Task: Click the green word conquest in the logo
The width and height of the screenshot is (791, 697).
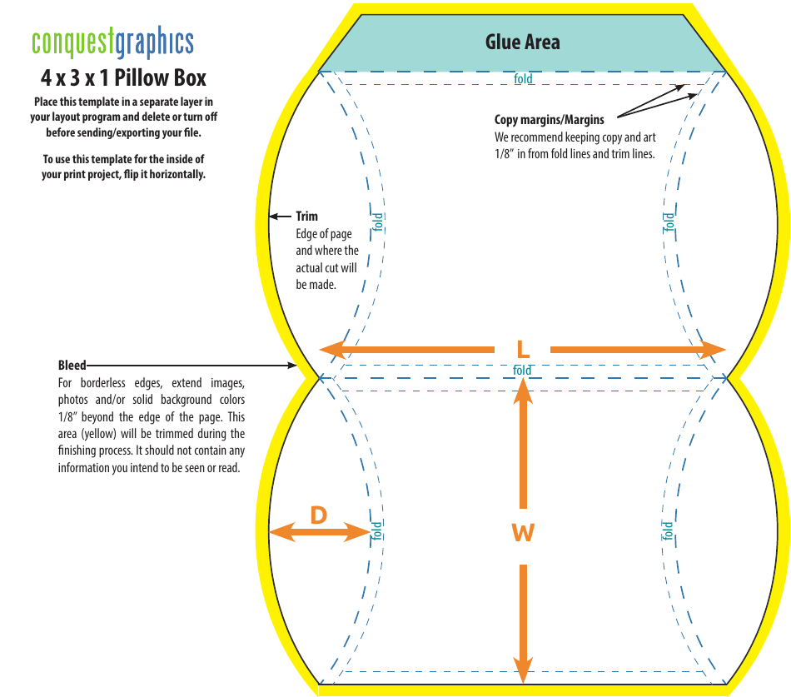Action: (72, 42)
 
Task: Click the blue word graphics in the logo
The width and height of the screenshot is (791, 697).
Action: (154, 42)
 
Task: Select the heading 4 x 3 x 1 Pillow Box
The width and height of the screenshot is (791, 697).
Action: (124, 78)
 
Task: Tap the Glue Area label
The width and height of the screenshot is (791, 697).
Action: (523, 42)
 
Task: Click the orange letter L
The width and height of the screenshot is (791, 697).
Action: (523, 349)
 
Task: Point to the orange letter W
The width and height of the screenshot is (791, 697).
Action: (523, 533)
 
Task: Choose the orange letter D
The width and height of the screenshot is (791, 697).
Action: (319, 515)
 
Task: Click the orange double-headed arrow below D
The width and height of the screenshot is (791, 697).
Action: (320, 532)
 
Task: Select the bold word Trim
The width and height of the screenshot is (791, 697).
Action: (306, 217)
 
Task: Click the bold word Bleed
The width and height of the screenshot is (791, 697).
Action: (72, 365)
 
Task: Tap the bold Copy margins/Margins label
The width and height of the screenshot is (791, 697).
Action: (550, 120)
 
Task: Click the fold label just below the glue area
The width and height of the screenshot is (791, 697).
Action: (523, 79)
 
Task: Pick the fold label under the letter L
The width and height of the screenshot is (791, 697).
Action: (522, 371)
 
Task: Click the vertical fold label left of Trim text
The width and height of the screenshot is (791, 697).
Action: (377, 222)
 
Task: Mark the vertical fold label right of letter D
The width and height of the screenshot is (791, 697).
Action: (377, 530)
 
